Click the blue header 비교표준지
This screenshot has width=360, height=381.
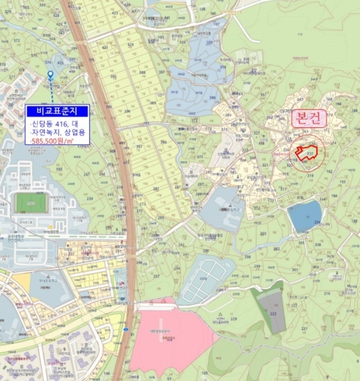pyautogui.click(x=57, y=110)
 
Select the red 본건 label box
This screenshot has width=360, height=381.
pyautogui.click(x=309, y=118)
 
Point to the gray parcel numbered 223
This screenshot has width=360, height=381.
pyautogui.click(x=274, y=313)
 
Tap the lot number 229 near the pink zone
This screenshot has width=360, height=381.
pyautogui.click(x=232, y=319)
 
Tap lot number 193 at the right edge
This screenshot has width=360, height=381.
pyautogui.click(x=342, y=181)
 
